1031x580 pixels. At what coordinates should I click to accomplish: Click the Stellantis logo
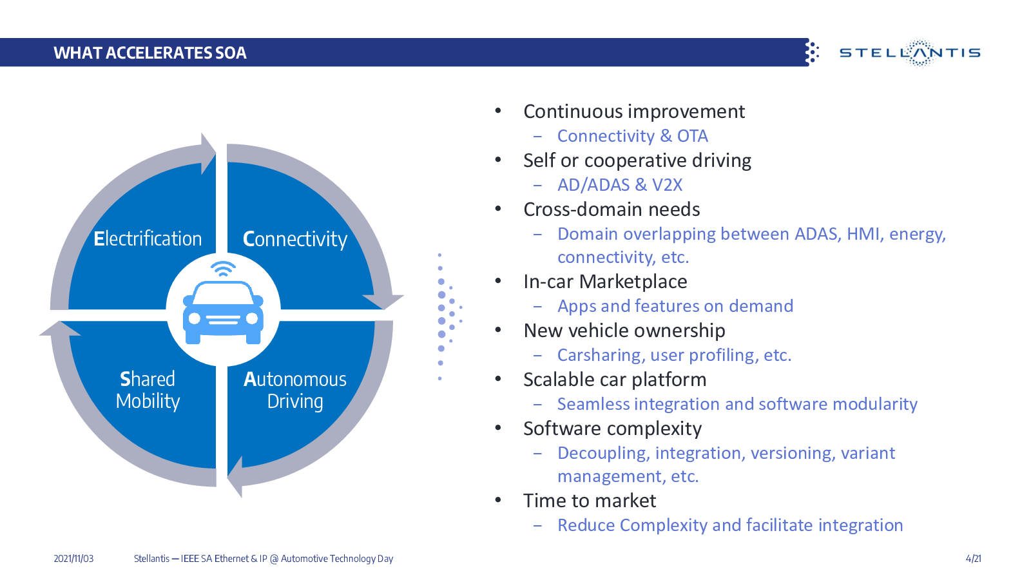click(910, 53)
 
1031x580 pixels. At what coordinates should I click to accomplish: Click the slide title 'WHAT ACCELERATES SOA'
click(150, 53)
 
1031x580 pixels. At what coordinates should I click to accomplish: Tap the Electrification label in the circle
click(148, 238)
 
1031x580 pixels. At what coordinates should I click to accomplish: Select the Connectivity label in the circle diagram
click(295, 239)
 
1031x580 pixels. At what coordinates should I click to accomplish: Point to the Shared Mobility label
click(148, 390)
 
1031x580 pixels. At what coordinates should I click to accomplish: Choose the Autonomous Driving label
click(295, 390)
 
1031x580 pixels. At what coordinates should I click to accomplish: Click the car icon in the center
click(223, 312)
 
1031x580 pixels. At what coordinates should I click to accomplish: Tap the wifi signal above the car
click(223, 269)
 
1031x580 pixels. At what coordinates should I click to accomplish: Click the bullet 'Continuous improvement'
click(634, 111)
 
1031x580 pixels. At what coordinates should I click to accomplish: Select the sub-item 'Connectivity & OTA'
click(632, 136)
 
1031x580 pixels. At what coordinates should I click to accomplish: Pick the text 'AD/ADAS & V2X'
click(619, 185)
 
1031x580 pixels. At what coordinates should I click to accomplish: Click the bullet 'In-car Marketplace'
click(605, 281)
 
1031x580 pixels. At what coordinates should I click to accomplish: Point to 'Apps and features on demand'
click(675, 306)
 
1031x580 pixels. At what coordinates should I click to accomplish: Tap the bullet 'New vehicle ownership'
click(624, 331)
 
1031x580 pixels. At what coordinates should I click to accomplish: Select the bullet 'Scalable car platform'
click(615, 380)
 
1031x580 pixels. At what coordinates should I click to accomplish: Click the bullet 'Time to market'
click(590, 501)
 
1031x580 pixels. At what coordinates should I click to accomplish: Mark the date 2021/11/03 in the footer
click(73, 559)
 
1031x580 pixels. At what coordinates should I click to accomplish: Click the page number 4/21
click(974, 559)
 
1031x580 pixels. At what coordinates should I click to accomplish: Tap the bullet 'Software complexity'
click(612, 429)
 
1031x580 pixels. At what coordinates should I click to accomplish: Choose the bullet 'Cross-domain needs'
click(612, 209)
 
